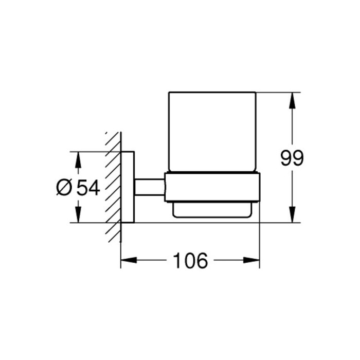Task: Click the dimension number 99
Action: point(292,158)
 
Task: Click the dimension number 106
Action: point(191,261)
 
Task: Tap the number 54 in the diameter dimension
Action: point(88,188)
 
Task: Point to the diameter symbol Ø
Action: point(64,187)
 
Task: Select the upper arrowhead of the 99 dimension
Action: point(292,100)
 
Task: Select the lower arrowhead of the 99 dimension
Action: point(292,214)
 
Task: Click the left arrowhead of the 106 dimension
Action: point(129,260)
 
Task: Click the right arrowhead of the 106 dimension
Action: point(251,260)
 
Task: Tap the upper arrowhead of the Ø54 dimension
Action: point(78,160)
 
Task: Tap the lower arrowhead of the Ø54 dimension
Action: point(78,214)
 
